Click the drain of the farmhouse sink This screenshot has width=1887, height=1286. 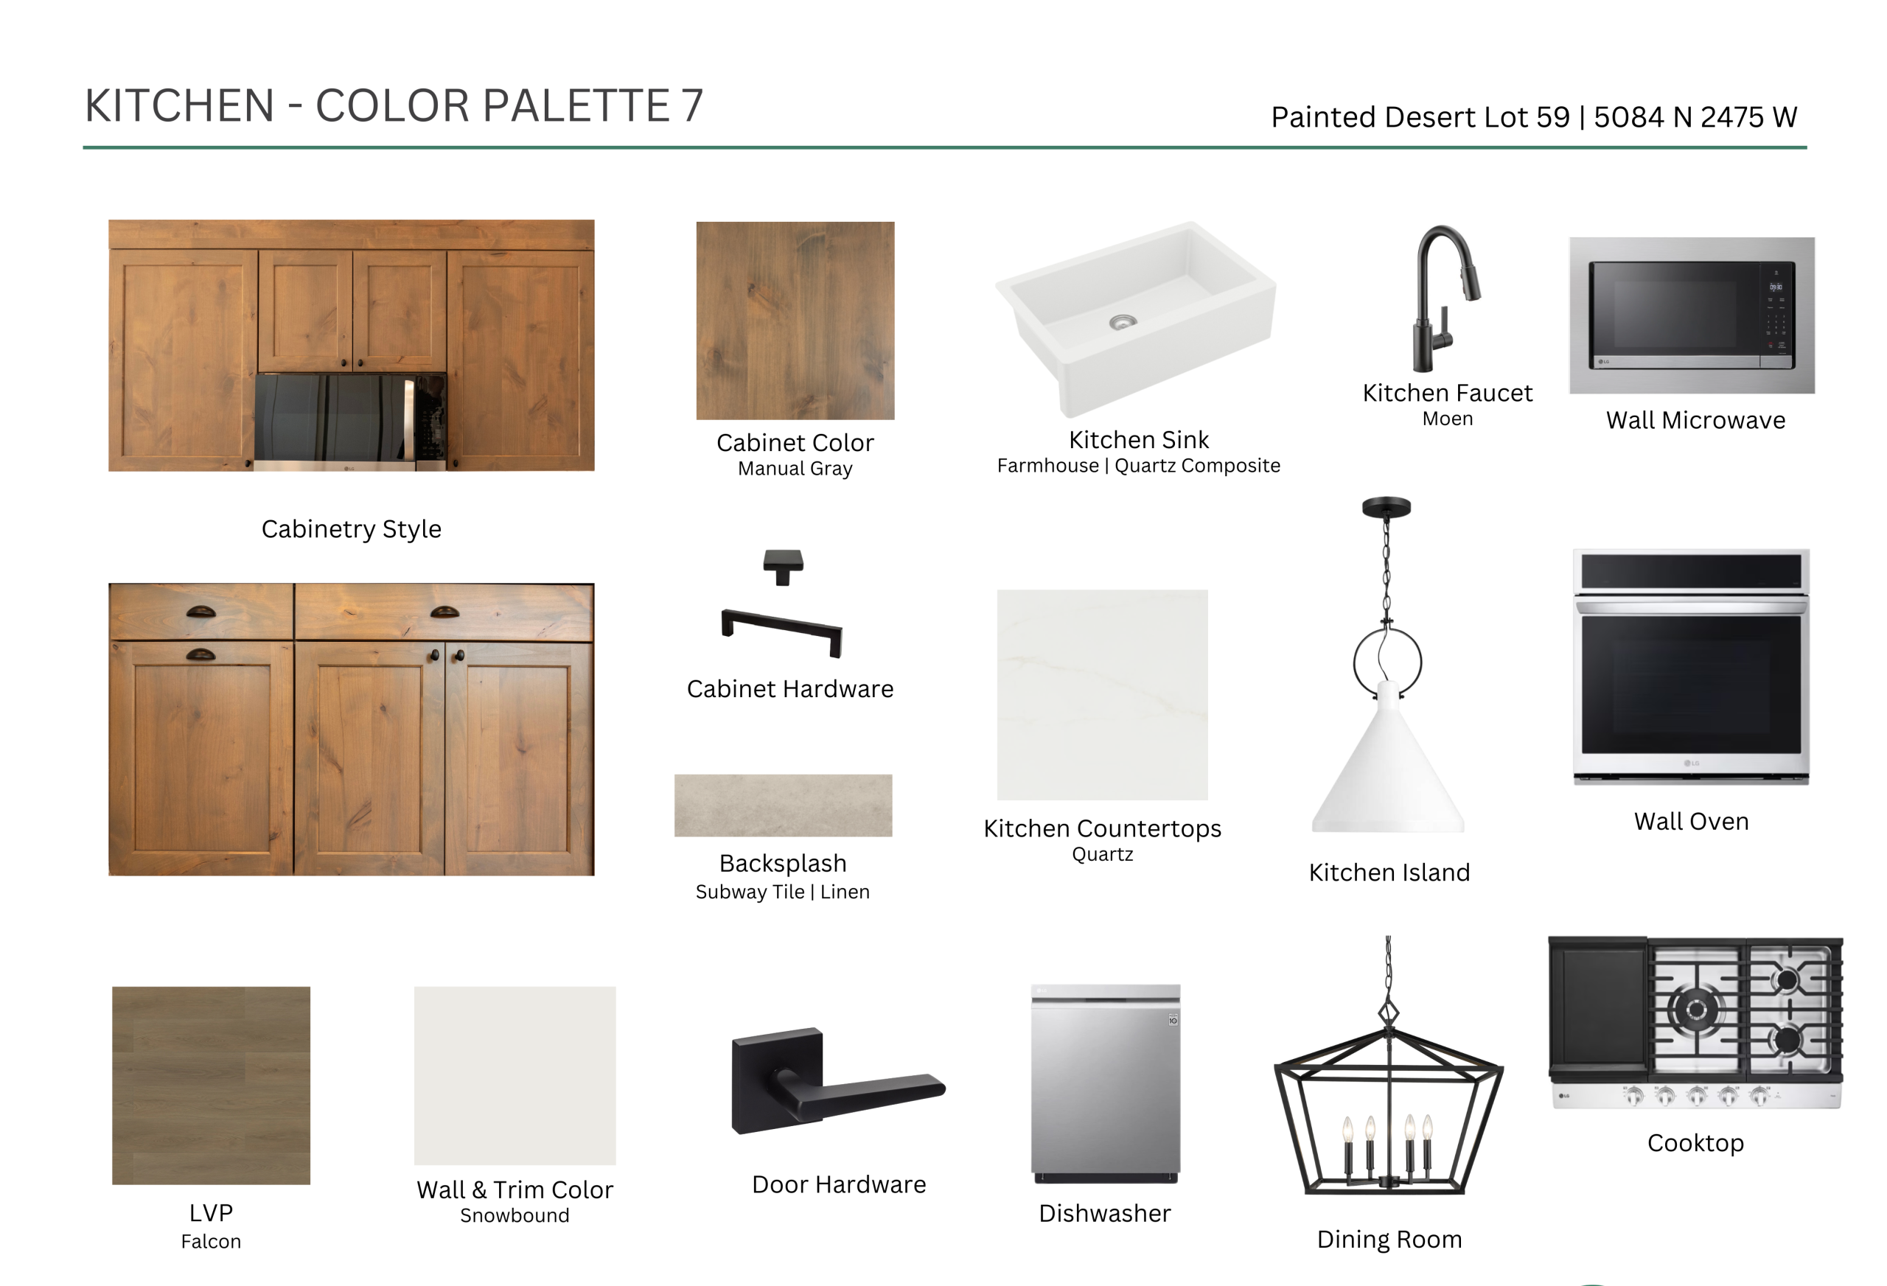(x=1123, y=321)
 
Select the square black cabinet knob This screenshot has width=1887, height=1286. (x=783, y=566)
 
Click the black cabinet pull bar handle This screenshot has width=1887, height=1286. (x=782, y=632)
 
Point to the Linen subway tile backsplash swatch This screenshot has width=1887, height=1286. (x=783, y=805)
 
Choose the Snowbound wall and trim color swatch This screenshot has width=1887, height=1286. (x=515, y=1075)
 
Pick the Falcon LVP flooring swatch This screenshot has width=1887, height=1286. (x=211, y=1085)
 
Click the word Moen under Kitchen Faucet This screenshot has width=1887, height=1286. (x=1447, y=419)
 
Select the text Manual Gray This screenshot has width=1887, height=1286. (x=795, y=469)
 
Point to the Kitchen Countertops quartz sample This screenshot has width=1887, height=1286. (x=1102, y=695)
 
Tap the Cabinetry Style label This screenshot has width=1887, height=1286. (x=351, y=529)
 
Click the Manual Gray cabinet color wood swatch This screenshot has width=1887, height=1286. (x=795, y=321)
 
